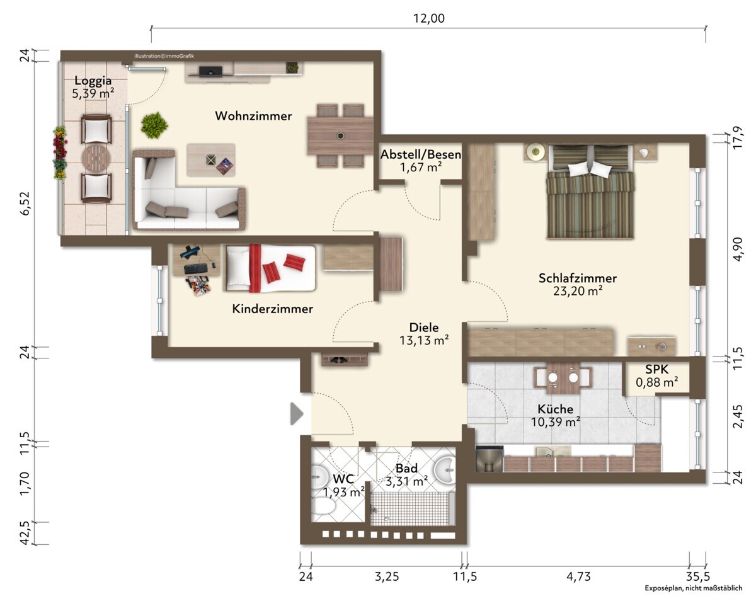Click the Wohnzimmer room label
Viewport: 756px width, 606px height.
tap(253, 116)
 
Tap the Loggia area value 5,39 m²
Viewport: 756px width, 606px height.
tap(93, 93)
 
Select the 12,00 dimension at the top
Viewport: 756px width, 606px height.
tap(428, 18)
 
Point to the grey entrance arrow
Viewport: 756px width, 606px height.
tap(297, 414)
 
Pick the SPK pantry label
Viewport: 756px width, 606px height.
tap(656, 369)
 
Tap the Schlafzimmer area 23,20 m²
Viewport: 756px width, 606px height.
tap(578, 291)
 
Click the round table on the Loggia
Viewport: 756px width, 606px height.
tap(96, 159)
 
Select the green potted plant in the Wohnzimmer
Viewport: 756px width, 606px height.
tap(154, 125)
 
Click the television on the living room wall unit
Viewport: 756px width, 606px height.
tap(210, 71)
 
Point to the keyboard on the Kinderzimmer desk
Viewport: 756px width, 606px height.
tap(197, 269)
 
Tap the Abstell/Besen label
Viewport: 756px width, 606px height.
tap(420, 154)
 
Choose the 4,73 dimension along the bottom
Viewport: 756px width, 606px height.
tap(578, 576)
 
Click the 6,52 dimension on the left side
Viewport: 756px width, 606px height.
tap(25, 203)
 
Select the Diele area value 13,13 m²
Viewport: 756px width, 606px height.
tap(423, 340)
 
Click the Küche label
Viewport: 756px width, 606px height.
tap(555, 409)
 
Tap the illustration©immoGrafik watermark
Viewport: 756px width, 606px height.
tap(164, 56)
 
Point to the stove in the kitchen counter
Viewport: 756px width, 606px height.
tap(490, 459)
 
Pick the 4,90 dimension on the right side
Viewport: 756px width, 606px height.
tap(738, 249)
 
